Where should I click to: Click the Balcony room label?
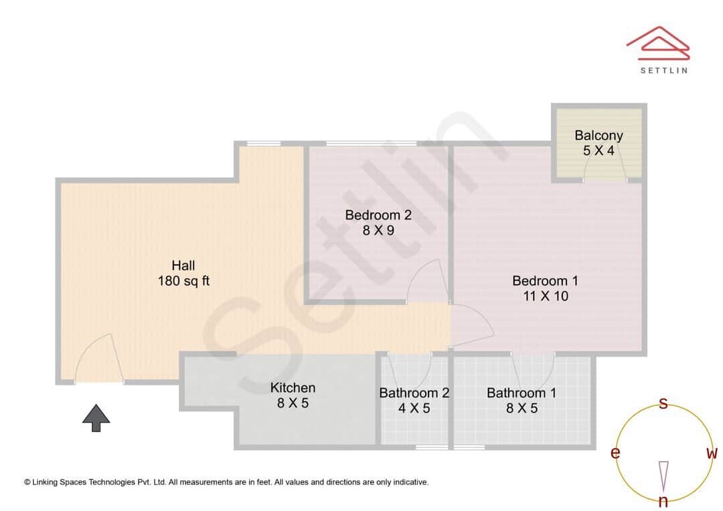[x=598, y=135]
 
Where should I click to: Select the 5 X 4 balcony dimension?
[x=598, y=150]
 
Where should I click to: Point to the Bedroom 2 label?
[x=378, y=215]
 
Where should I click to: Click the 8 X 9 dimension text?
[x=378, y=230]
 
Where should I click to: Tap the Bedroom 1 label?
[x=545, y=280]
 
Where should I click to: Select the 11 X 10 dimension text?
[x=545, y=296]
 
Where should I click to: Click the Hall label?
[x=183, y=266]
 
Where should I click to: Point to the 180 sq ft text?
[x=183, y=281]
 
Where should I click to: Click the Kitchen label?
[x=293, y=387]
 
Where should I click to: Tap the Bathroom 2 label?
[x=414, y=393]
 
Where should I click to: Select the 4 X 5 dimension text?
[x=414, y=408]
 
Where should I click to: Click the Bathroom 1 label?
[x=521, y=393]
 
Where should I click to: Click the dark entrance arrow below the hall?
[x=96, y=418]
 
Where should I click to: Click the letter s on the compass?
[x=663, y=403]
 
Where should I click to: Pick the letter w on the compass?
[x=712, y=453]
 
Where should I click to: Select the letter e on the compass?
[x=615, y=453]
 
